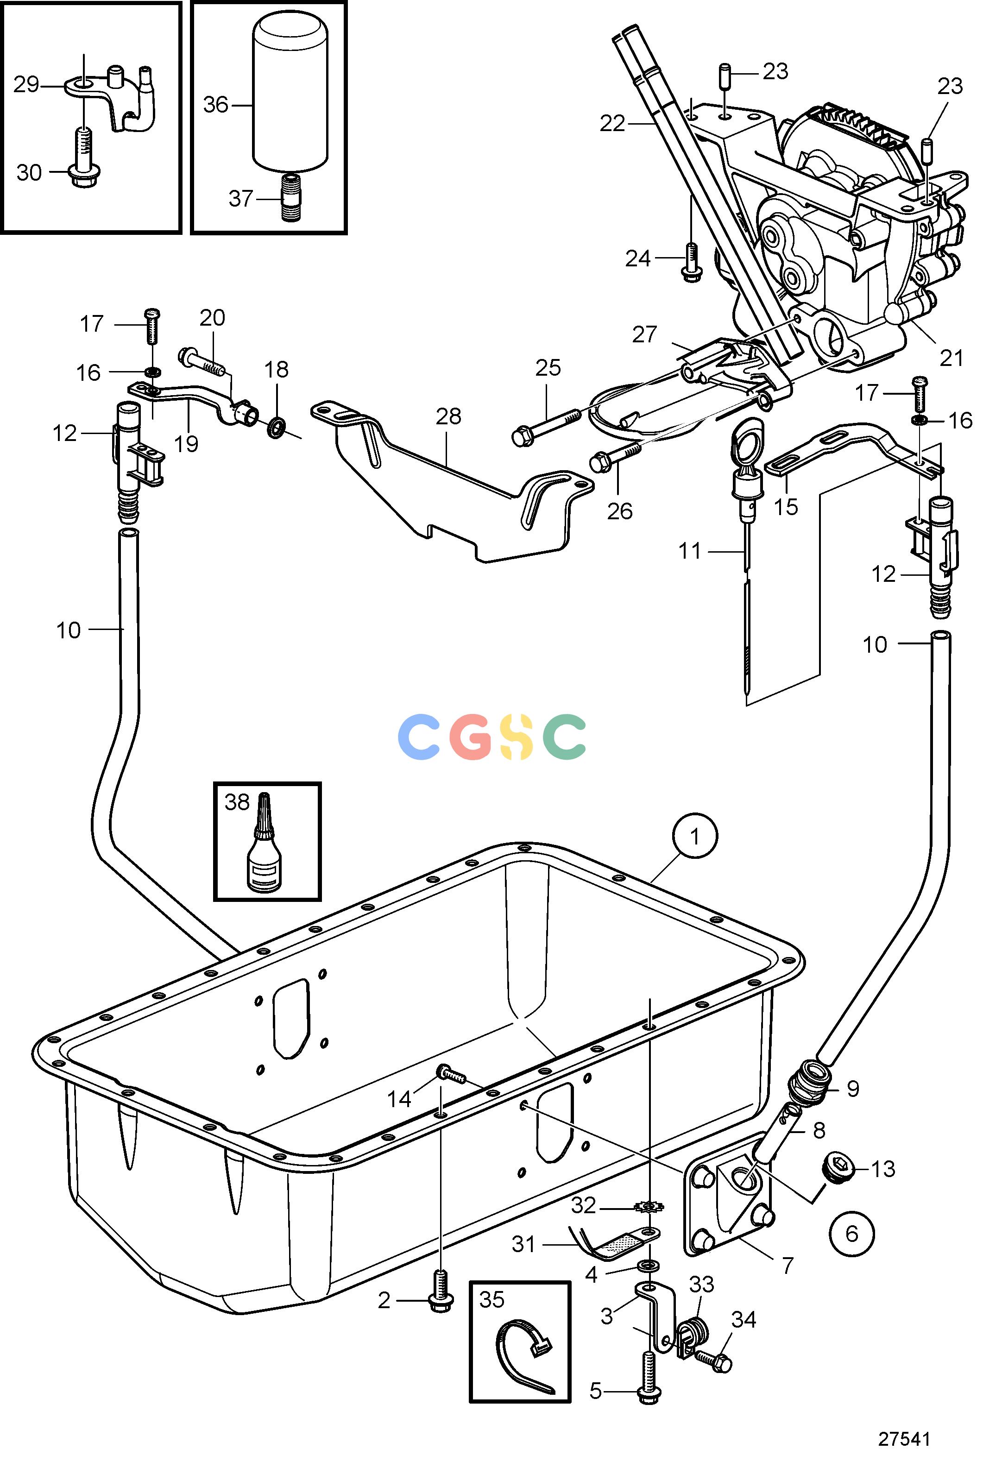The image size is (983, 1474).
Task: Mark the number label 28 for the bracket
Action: (448, 416)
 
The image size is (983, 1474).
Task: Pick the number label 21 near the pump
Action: (951, 358)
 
